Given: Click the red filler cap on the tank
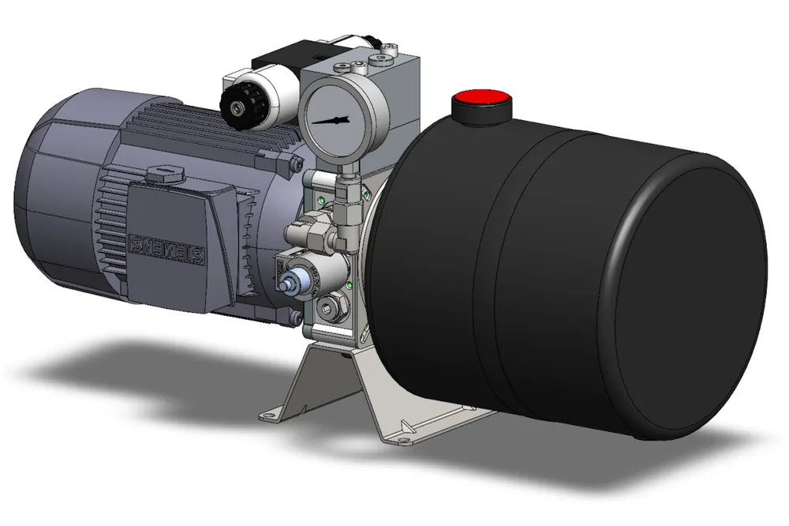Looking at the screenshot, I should (x=481, y=102).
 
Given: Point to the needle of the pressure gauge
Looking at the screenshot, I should (x=331, y=121).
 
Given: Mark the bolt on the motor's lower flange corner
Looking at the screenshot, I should (x=295, y=318).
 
